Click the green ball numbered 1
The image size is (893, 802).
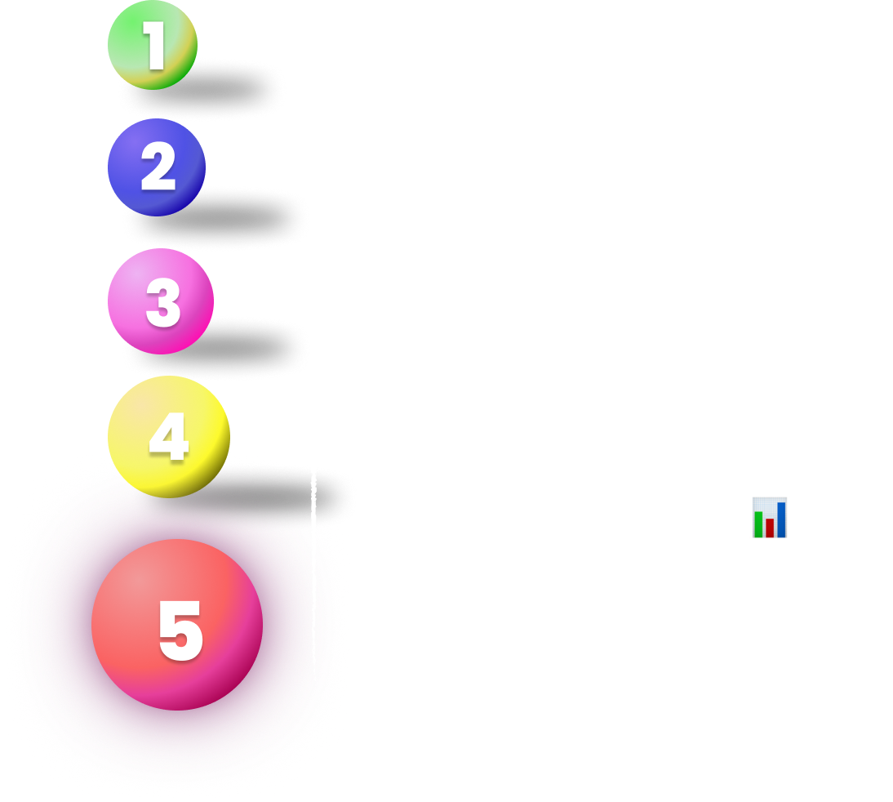pyautogui.click(x=153, y=46)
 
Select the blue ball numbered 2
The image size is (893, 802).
pyautogui.click(x=157, y=167)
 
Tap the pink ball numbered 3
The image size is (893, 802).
pyautogui.click(x=161, y=301)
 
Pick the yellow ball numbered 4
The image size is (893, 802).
pyautogui.click(x=168, y=437)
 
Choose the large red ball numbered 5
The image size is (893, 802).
pyautogui.click(x=177, y=625)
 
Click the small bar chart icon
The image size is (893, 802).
pyautogui.click(x=770, y=517)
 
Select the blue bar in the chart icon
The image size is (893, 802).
pyautogui.click(x=781, y=520)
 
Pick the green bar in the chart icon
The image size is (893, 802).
pyautogui.click(x=758, y=524)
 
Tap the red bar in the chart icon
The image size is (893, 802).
pyautogui.click(x=770, y=527)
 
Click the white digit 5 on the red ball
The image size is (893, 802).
pyautogui.click(x=180, y=630)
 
